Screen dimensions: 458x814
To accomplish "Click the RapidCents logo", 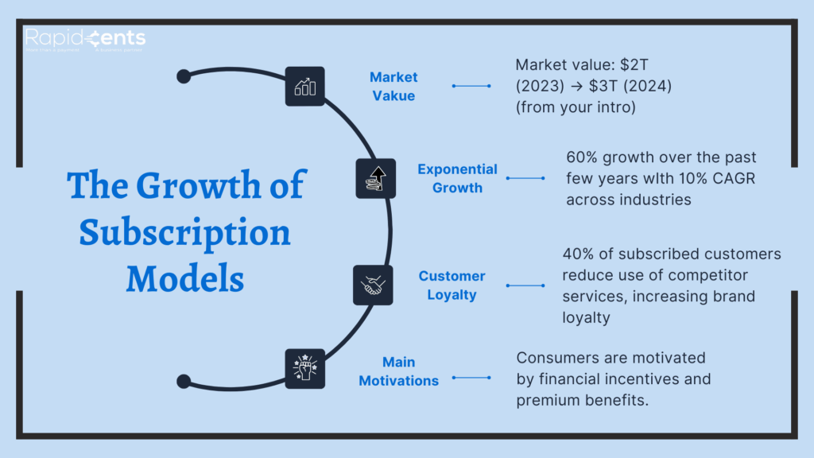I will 85,38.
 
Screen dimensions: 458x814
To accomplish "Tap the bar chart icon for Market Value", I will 304,86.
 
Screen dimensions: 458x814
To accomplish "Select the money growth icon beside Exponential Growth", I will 374,179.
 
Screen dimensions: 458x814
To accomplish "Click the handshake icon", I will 373,285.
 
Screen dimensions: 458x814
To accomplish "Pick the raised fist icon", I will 304,368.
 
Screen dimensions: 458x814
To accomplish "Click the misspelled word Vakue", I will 393,95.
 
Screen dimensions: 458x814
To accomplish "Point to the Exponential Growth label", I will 457,178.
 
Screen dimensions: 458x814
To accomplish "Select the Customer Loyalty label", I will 452,285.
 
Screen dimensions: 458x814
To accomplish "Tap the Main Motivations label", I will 398,371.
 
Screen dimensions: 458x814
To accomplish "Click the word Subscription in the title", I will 185,232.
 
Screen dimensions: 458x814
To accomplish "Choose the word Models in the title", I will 185,278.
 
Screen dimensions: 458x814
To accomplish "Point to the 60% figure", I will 583,157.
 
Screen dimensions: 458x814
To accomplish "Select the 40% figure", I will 579,254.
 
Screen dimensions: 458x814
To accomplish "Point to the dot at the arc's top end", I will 184,76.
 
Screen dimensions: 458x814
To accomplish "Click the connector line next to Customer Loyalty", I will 525,285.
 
